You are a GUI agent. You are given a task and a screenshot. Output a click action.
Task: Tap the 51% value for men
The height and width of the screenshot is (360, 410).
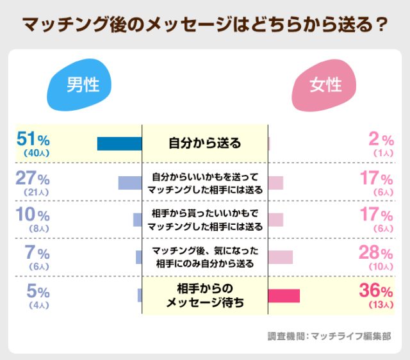pos(32,138)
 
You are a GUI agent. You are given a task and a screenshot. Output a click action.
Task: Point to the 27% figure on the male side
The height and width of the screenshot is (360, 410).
pos(32,178)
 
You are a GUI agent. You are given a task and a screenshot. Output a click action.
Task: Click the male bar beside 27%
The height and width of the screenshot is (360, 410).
pos(129,183)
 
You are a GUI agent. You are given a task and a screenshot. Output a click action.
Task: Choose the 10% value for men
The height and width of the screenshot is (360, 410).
pos(32,215)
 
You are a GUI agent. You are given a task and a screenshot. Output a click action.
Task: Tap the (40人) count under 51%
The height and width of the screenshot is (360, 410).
pos(32,153)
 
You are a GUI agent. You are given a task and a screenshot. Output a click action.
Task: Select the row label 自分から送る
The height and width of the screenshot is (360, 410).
pos(204,143)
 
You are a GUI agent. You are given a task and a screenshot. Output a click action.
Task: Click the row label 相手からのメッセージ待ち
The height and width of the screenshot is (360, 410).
pos(204,295)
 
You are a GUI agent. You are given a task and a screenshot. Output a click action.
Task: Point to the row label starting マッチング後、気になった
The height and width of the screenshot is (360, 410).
pos(204,257)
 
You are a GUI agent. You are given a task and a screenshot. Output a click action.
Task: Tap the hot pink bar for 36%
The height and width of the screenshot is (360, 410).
pos(283,296)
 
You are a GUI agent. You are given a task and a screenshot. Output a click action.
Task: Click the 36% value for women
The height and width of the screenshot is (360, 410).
pos(376,291)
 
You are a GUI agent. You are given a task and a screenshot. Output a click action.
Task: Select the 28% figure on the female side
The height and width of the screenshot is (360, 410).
pos(376,252)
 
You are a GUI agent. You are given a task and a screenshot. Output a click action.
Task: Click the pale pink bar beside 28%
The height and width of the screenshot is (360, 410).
pos(280,258)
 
